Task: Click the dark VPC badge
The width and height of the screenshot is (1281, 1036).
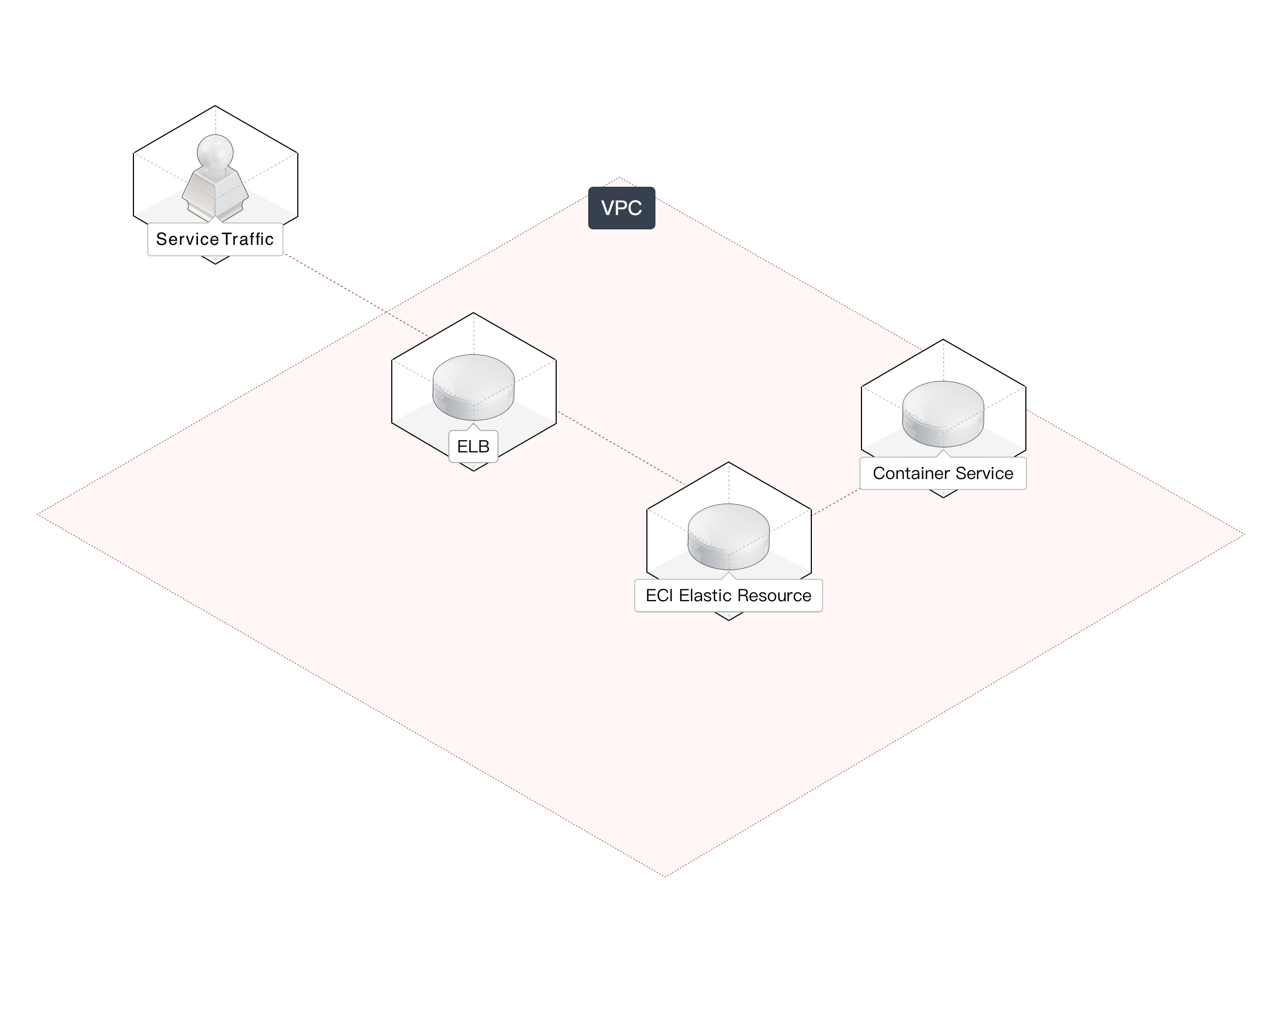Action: (621, 208)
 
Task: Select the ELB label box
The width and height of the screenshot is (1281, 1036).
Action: (473, 447)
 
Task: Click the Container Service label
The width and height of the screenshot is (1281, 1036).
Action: (943, 473)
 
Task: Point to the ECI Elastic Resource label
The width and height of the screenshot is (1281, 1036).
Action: (728, 595)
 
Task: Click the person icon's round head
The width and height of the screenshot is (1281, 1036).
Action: (215, 150)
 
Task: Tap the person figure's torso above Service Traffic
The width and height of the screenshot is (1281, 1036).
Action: (215, 191)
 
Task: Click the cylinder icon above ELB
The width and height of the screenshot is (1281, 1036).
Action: (473, 386)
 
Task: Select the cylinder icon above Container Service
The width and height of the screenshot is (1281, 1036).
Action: (943, 413)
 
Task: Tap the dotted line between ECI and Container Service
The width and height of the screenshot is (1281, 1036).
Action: (836, 502)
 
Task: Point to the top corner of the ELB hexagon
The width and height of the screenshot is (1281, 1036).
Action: (473, 313)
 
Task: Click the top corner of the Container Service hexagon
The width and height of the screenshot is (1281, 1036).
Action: (943, 340)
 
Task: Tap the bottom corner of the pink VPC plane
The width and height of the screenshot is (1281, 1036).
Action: (665, 876)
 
